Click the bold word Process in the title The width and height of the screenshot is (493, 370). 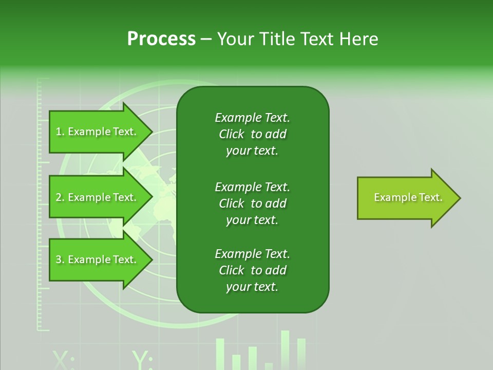tap(161, 39)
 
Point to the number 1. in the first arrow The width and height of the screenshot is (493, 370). tap(60, 132)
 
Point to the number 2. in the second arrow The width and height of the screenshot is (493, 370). tap(60, 197)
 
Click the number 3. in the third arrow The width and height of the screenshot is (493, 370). tap(60, 260)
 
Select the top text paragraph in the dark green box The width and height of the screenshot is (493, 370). tap(252, 134)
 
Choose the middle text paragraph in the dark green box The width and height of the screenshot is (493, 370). tap(252, 203)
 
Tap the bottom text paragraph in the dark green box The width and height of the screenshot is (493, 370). tap(252, 270)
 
